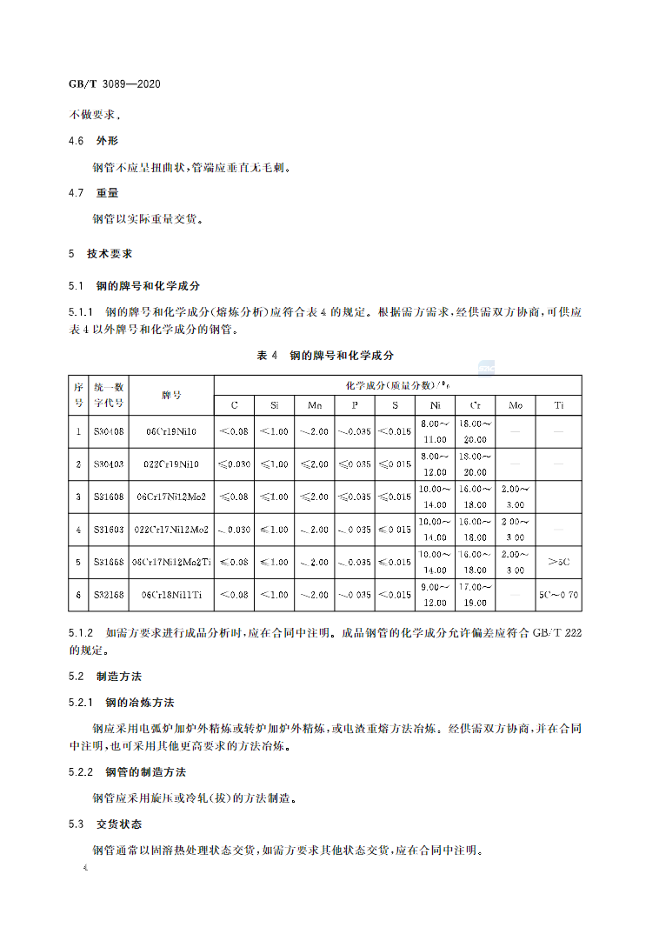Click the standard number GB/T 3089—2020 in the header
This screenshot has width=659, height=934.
pyautogui.click(x=115, y=84)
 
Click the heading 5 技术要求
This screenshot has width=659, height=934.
pyautogui.click(x=101, y=254)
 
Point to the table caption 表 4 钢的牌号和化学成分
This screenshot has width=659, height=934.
pyautogui.click(x=326, y=356)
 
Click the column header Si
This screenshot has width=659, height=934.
pyautogui.click(x=274, y=405)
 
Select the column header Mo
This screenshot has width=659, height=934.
pyautogui.click(x=516, y=405)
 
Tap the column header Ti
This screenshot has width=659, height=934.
pyautogui.click(x=558, y=405)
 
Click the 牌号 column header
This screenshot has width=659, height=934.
pyautogui.click(x=171, y=395)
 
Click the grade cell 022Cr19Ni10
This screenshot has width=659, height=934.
pyautogui.click(x=171, y=464)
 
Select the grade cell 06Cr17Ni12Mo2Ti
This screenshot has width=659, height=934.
pyautogui.click(x=171, y=562)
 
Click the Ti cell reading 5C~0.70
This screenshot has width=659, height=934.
pyautogui.click(x=558, y=595)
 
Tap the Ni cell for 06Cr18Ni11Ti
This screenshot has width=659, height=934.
pyautogui.click(x=434, y=595)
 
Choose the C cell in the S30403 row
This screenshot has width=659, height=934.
pyautogui.click(x=234, y=464)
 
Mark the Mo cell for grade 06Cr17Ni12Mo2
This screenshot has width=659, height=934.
pyautogui.click(x=516, y=497)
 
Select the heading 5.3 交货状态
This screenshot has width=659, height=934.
pyautogui.click(x=105, y=824)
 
